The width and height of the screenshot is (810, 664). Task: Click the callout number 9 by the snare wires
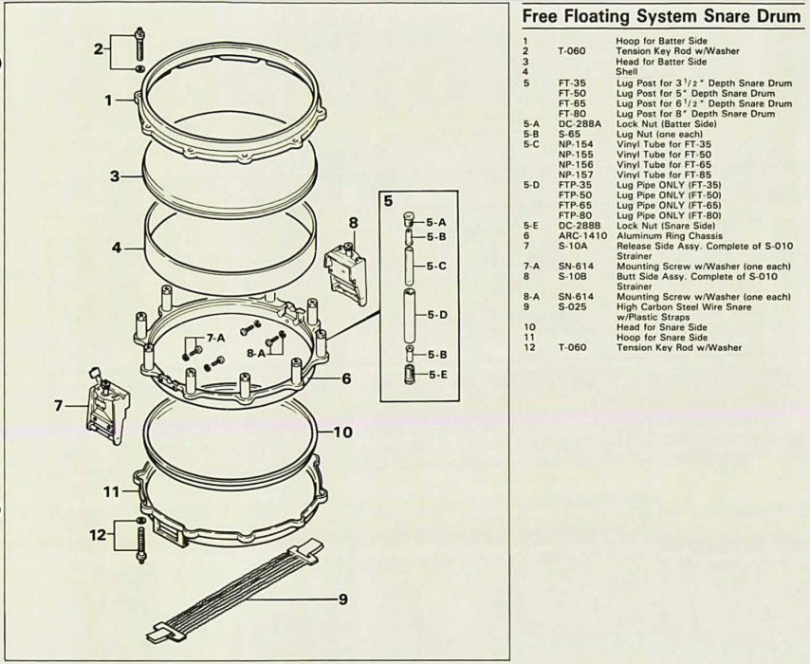[x=343, y=599]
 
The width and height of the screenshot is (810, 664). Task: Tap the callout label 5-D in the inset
[x=436, y=314]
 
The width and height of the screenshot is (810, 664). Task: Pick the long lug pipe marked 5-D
[x=411, y=314]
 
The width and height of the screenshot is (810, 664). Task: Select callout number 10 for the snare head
[x=343, y=432]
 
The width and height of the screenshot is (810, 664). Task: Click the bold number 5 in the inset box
[x=388, y=201]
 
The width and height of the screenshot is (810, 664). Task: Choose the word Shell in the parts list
[x=626, y=70]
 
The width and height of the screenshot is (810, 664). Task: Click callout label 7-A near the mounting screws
[x=217, y=339]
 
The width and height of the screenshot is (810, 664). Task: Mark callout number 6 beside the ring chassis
[x=346, y=378]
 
